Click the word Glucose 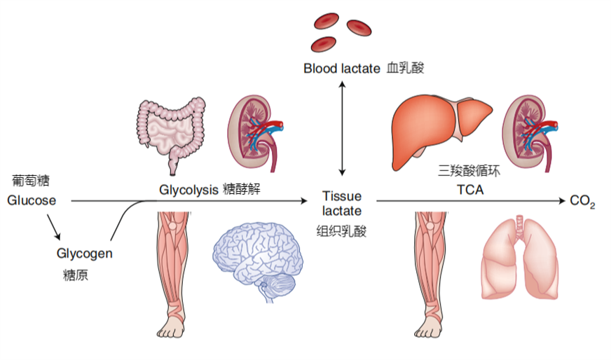point(32,201)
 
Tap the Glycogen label point(84,254)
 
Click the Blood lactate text point(343,69)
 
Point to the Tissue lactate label point(341,204)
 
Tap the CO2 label point(582,202)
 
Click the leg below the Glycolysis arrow point(172,273)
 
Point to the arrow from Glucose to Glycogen point(55,228)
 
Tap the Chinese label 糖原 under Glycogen point(75,275)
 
